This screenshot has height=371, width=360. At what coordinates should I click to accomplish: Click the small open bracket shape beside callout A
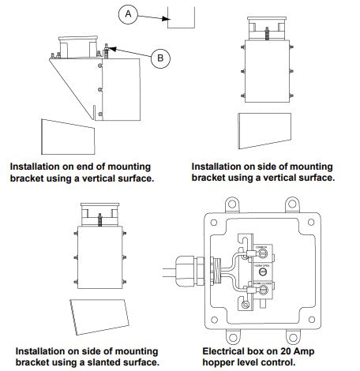(x=182, y=18)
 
